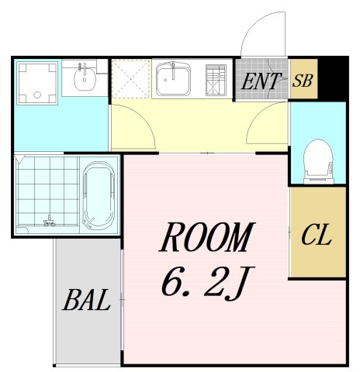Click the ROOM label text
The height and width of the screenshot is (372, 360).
[x=207, y=236]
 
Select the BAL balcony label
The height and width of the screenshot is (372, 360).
[x=86, y=300]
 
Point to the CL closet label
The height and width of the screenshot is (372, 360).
[x=317, y=234]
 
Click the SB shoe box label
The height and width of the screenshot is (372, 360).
[x=303, y=81]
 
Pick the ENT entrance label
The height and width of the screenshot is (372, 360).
[x=261, y=81]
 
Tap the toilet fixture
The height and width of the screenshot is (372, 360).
[x=318, y=161]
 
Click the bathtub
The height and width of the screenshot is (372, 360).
[x=99, y=195]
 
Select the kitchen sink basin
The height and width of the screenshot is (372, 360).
[x=173, y=79]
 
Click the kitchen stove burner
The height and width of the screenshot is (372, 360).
[x=216, y=80]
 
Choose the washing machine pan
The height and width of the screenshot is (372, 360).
[x=37, y=83]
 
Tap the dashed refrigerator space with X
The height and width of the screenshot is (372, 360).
[x=131, y=79]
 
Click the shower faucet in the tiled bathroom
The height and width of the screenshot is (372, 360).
[x=50, y=221]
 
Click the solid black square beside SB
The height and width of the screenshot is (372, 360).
[x=331, y=79]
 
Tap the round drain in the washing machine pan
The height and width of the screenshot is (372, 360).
[x=37, y=95]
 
